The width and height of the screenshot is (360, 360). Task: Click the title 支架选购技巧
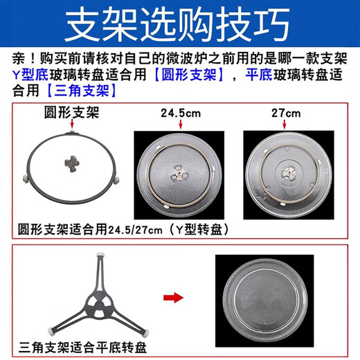click(179, 25)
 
